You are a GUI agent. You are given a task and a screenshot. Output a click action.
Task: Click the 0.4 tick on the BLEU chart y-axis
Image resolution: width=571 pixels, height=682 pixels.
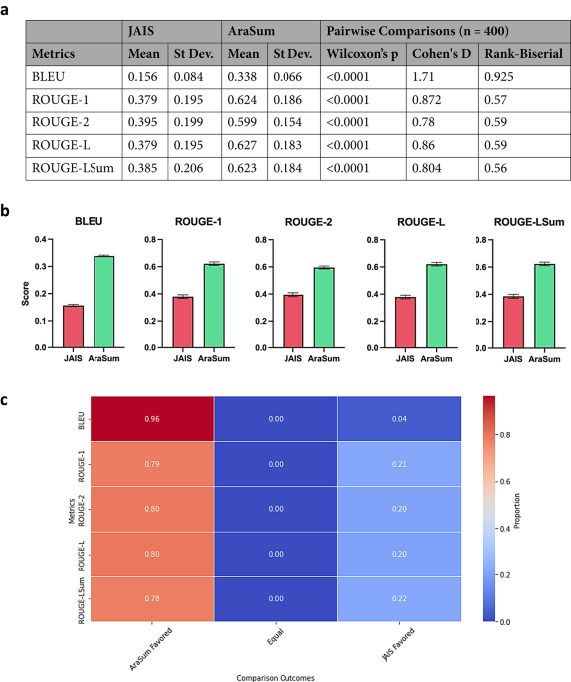[43, 240]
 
